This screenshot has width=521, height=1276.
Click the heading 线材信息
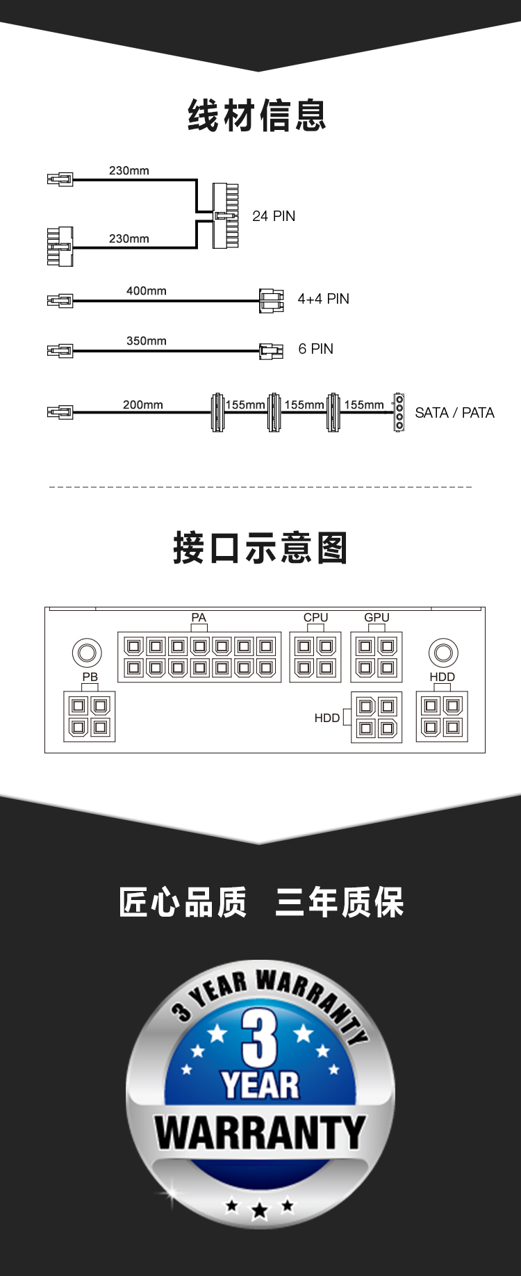click(257, 115)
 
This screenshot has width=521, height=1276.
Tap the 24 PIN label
click(274, 216)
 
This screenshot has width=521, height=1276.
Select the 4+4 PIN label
click(323, 299)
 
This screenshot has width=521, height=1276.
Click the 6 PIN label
click(315, 349)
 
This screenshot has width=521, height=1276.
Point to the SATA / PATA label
click(454, 413)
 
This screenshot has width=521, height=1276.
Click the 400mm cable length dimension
click(146, 291)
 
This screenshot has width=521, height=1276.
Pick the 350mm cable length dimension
click(146, 341)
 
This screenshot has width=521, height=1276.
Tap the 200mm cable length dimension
click(142, 404)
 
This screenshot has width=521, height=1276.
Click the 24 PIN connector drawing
click(226, 215)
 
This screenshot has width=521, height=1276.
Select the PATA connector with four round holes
click(399, 412)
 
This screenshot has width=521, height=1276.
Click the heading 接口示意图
click(260, 548)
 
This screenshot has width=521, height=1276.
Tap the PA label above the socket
click(199, 617)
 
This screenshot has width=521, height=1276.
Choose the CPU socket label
click(315, 617)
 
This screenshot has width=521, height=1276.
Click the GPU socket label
click(377, 617)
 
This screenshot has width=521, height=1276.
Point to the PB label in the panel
click(90, 676)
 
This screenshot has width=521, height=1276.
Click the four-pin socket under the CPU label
click(315, 657)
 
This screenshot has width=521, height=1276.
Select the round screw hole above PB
click(87, 653)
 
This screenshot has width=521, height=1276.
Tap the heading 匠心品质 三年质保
click(260, 903)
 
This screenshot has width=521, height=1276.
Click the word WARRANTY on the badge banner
click(260, 1134)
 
